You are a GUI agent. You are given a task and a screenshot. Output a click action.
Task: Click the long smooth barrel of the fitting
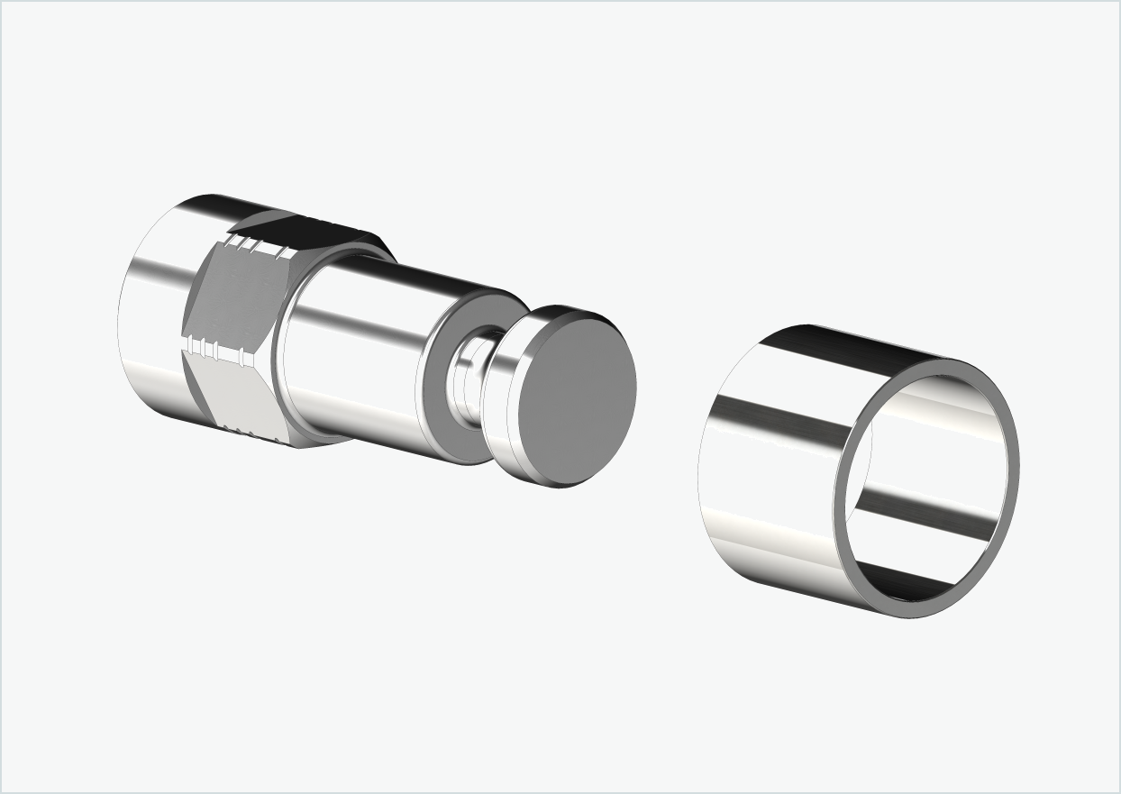tap(360, 351)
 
